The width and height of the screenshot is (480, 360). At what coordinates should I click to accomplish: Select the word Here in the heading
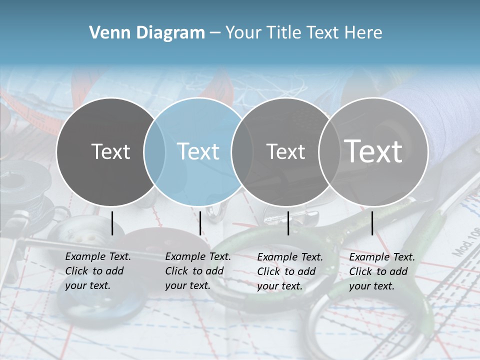pos(364,33)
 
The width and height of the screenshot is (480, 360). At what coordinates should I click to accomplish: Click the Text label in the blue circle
pos(198,151)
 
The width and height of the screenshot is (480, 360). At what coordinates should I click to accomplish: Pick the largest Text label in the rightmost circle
pos(373,151)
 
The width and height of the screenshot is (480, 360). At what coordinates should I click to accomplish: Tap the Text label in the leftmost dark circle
pos(110,151)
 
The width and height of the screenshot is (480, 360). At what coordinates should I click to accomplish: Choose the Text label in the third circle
pos(285,151)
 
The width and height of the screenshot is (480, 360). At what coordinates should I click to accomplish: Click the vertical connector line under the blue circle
pos(200,223)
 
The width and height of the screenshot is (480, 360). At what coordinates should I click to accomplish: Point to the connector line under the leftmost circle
pos(112,223)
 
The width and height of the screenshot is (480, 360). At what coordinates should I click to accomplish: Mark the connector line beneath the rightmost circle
pos(372,223)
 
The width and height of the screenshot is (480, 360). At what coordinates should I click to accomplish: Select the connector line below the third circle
pos(288,223)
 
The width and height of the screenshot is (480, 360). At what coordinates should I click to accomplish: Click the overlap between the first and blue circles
pos(154,151)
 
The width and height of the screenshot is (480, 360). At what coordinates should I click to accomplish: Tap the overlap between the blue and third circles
pos(242,151)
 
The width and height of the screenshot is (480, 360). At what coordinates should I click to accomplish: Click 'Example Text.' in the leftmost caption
pos(98,256)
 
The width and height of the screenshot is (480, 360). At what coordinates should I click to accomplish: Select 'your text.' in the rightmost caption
pos(371,286)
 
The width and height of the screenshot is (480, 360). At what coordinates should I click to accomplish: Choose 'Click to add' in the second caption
pos(194,271)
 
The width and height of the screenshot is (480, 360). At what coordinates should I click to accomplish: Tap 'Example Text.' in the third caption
pos(290,257)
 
